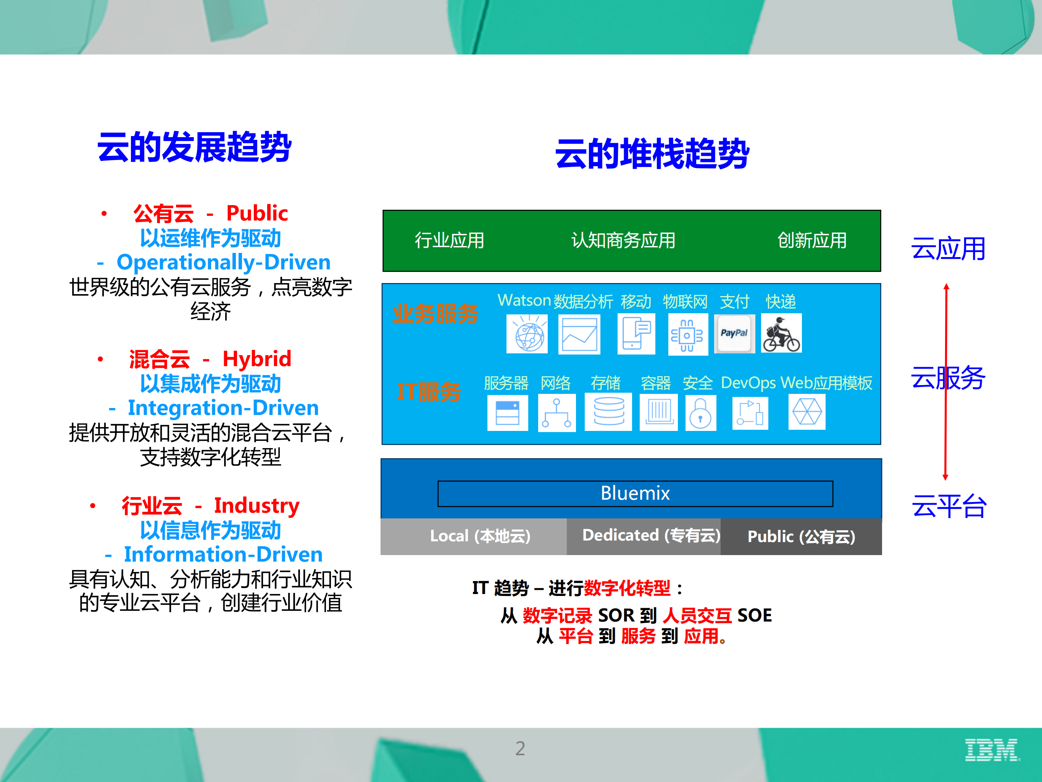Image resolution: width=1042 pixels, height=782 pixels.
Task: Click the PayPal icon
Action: pos(734,333)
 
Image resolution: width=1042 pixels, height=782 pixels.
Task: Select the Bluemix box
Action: pos(635,494)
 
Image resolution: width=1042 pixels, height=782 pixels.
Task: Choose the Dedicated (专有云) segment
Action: pos(651,536)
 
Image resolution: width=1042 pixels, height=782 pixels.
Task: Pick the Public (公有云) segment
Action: pos(801,537)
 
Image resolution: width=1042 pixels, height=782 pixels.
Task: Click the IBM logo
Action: pos(992,750)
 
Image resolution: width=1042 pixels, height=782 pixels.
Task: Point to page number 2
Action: pos(520,748)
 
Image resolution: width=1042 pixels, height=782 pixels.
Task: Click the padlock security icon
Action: pos(700,413)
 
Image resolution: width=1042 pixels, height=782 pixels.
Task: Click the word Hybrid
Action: pos(257,359)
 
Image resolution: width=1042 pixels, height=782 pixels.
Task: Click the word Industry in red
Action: pos(257,505)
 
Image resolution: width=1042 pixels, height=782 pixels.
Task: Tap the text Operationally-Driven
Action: pos(223,262)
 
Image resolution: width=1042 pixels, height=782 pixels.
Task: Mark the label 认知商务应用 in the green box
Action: pos(623,240)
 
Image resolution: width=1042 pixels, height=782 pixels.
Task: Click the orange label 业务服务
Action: pos(435,314)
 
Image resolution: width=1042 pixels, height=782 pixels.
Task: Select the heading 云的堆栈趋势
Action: pos(652,154)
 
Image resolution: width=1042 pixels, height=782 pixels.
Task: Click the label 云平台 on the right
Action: pos(949,506)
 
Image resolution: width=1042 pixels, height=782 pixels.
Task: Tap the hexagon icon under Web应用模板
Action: pos(807,412)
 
